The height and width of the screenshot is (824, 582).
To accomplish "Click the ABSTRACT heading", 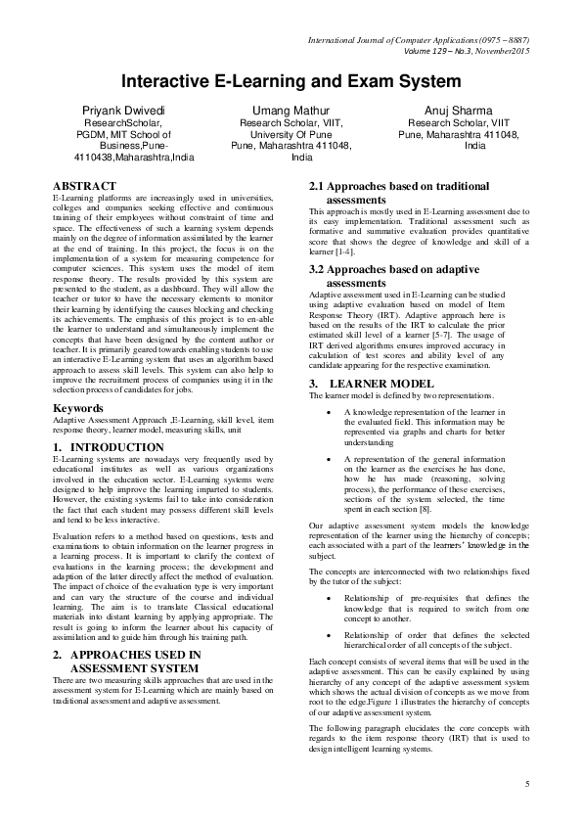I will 84,185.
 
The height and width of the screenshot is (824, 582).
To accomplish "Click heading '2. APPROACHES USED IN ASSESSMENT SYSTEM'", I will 126,660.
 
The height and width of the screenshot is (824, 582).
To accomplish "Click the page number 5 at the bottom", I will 526,784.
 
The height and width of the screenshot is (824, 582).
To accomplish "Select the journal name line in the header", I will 418,41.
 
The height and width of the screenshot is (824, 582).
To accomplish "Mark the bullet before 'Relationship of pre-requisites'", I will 327,599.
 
